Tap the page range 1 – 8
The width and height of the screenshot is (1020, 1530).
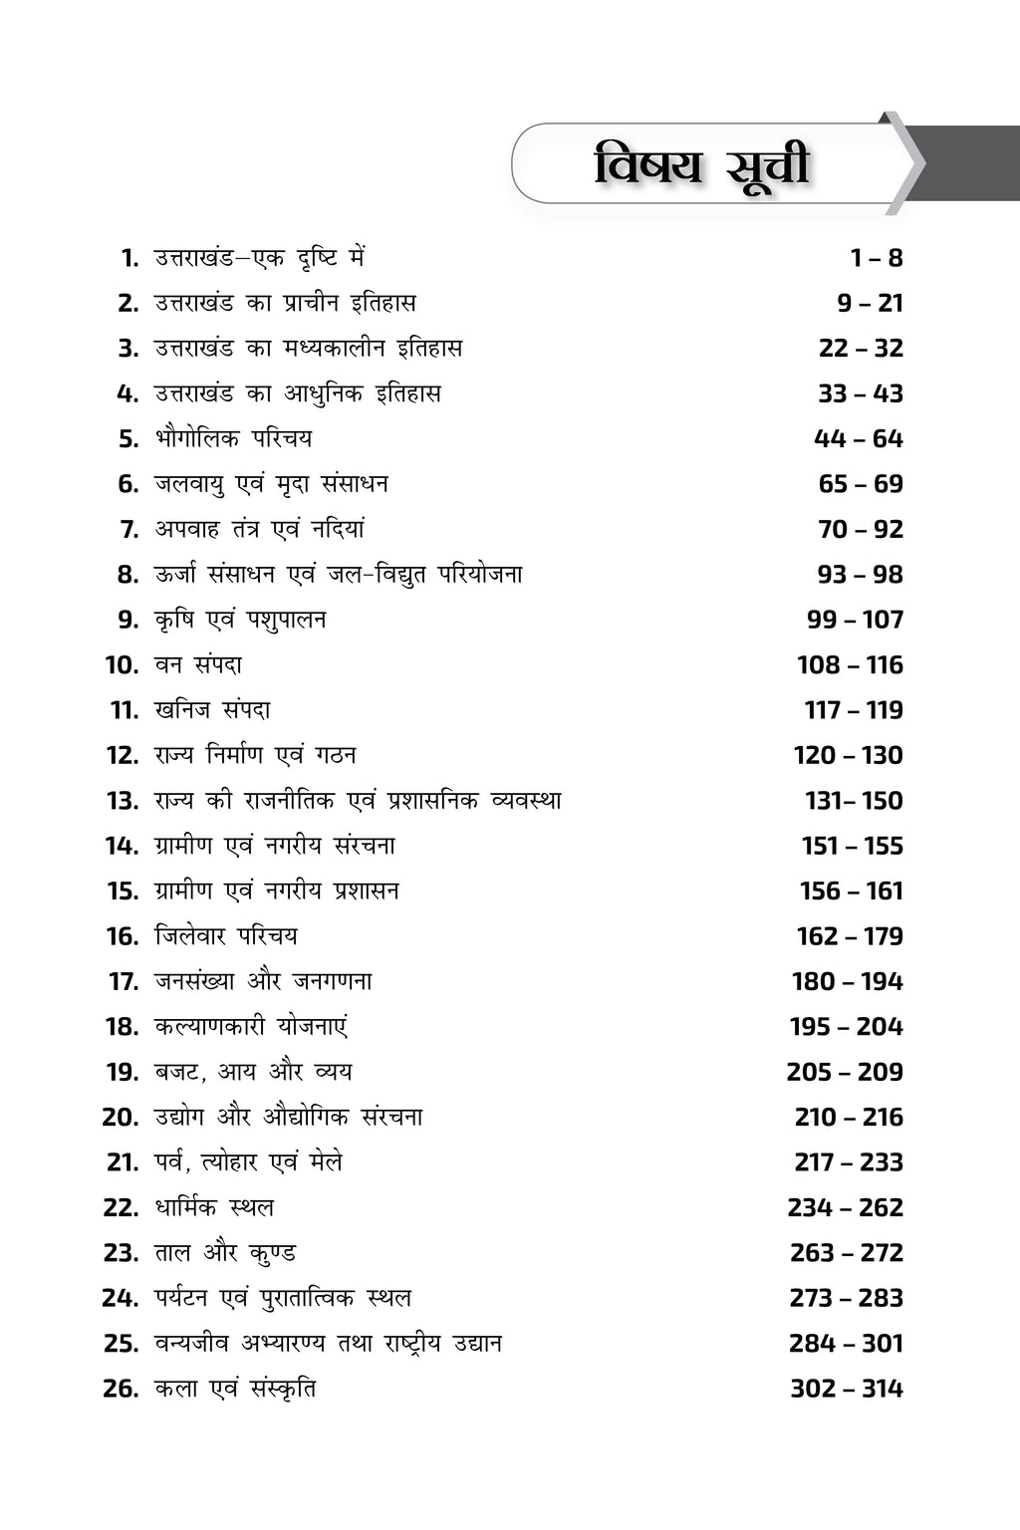pyautogui.click(x=877, y=258)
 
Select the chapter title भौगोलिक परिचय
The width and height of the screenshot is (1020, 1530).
pyautogui.click(x=233, y=438)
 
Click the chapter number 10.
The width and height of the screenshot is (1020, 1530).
pyautogui.click(x=122, y=664)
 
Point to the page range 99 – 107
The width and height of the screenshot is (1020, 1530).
pyautogui.click(x=855, y=620)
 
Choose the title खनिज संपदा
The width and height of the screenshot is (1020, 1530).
pyautogui.click(x=212, y=710)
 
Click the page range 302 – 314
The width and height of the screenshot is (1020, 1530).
pyautogui.click(x=847, y=1389)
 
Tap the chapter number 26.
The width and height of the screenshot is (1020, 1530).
pyautogui.click(x=121, y=1389)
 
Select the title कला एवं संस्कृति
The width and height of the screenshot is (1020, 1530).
pyautogui.click(x=235, y=1389)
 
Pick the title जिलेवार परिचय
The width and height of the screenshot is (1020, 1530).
pyautogui.click(x=226, y=936)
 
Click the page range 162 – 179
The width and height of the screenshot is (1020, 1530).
pyautogui.click(x=850, y=936)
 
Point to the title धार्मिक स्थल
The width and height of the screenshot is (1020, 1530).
pyautogui.click(x=214, y=1207)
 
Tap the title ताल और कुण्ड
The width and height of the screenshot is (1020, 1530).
pyautogui.click(x=225, y=1253)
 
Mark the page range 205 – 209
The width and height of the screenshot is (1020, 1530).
pyautogui.click(x=845, y=1072)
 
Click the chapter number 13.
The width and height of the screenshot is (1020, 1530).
pyautogui.click(x=123, y=801)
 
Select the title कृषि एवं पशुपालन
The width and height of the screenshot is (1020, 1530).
pyautogui.click(x=240, y=620)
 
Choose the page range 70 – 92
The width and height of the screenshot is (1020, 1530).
pyautogui.click(x=861, y=529)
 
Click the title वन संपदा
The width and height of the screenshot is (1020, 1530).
pyautogui.click(x=198, y=664)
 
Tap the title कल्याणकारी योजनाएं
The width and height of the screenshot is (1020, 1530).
pyautogui.click(x=251, y=1027)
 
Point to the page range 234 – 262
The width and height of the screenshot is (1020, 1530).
pyautogui.click(x=845, y=1207)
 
